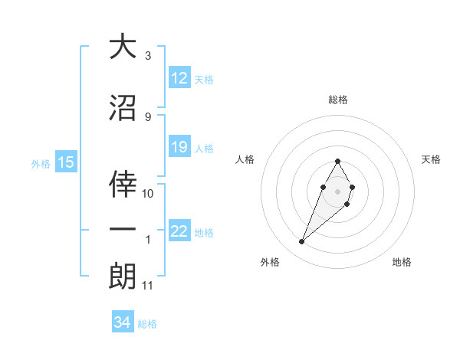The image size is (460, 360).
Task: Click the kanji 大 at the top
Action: (x=123, y=47)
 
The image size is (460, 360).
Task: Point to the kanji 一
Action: (x=123, y=230)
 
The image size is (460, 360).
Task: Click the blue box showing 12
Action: (x=179, y=78)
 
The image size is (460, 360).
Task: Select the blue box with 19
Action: (x=179, y=147)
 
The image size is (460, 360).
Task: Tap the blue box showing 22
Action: (x=179, y=232)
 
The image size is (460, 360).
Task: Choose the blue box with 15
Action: (x=65, y=162)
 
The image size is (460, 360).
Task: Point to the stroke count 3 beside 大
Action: (x=148, y=56)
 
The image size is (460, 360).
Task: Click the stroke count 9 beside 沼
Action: (x=148, y=117)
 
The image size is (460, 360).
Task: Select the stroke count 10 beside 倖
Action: (x=149, y=194)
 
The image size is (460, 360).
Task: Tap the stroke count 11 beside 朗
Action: (x=148, y=286)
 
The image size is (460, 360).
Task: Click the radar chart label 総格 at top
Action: (x=337, y=100)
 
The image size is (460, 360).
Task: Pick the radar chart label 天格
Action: (x=432, y=159)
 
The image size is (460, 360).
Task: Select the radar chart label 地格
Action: (x=402, y=262)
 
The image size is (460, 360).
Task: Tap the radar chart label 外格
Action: (x=270, y=262)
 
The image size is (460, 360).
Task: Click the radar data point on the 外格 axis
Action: (x=301, y=242)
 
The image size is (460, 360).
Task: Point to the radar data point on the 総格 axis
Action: (x=337, y=162)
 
